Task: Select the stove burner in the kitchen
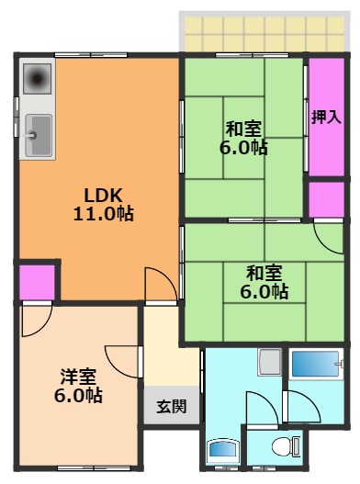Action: tap(38, 81)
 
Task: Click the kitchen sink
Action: tap(38, 138)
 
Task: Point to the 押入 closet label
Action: tap(325, 117)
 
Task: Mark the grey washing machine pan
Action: tap(269, 363)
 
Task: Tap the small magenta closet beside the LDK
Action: tap(38, 280)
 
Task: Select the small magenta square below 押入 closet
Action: tap(326, 200)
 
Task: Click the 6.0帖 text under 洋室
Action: tap(78, 397)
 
